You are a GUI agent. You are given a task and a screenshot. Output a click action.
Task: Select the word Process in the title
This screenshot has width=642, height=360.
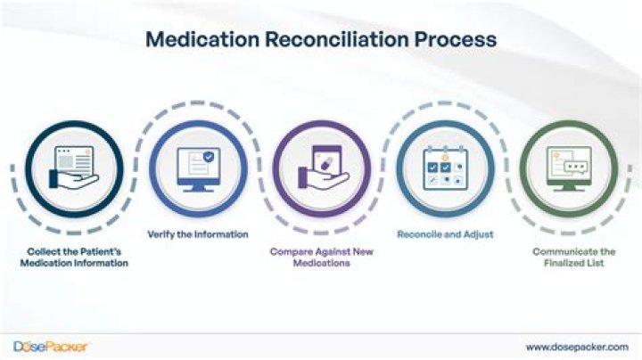(x=454, y=40)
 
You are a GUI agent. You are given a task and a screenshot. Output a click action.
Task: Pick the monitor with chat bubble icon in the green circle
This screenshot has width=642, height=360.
(x=568, y=167)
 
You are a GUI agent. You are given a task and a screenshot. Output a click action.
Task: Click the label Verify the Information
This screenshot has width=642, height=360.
(x=197, y=234)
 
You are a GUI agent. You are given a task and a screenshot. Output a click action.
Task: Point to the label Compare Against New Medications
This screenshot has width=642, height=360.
(x=320, y=258)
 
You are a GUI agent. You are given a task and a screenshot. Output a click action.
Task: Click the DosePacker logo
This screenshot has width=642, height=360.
(x=50, y=346)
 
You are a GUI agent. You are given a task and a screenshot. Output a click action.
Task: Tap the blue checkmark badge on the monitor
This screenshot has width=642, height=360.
(x=209, y=156)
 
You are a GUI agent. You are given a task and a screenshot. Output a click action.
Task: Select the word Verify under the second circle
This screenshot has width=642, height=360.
(x=160, y=234)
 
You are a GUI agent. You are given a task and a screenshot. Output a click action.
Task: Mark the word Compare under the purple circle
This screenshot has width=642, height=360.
(x=292, y=251)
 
